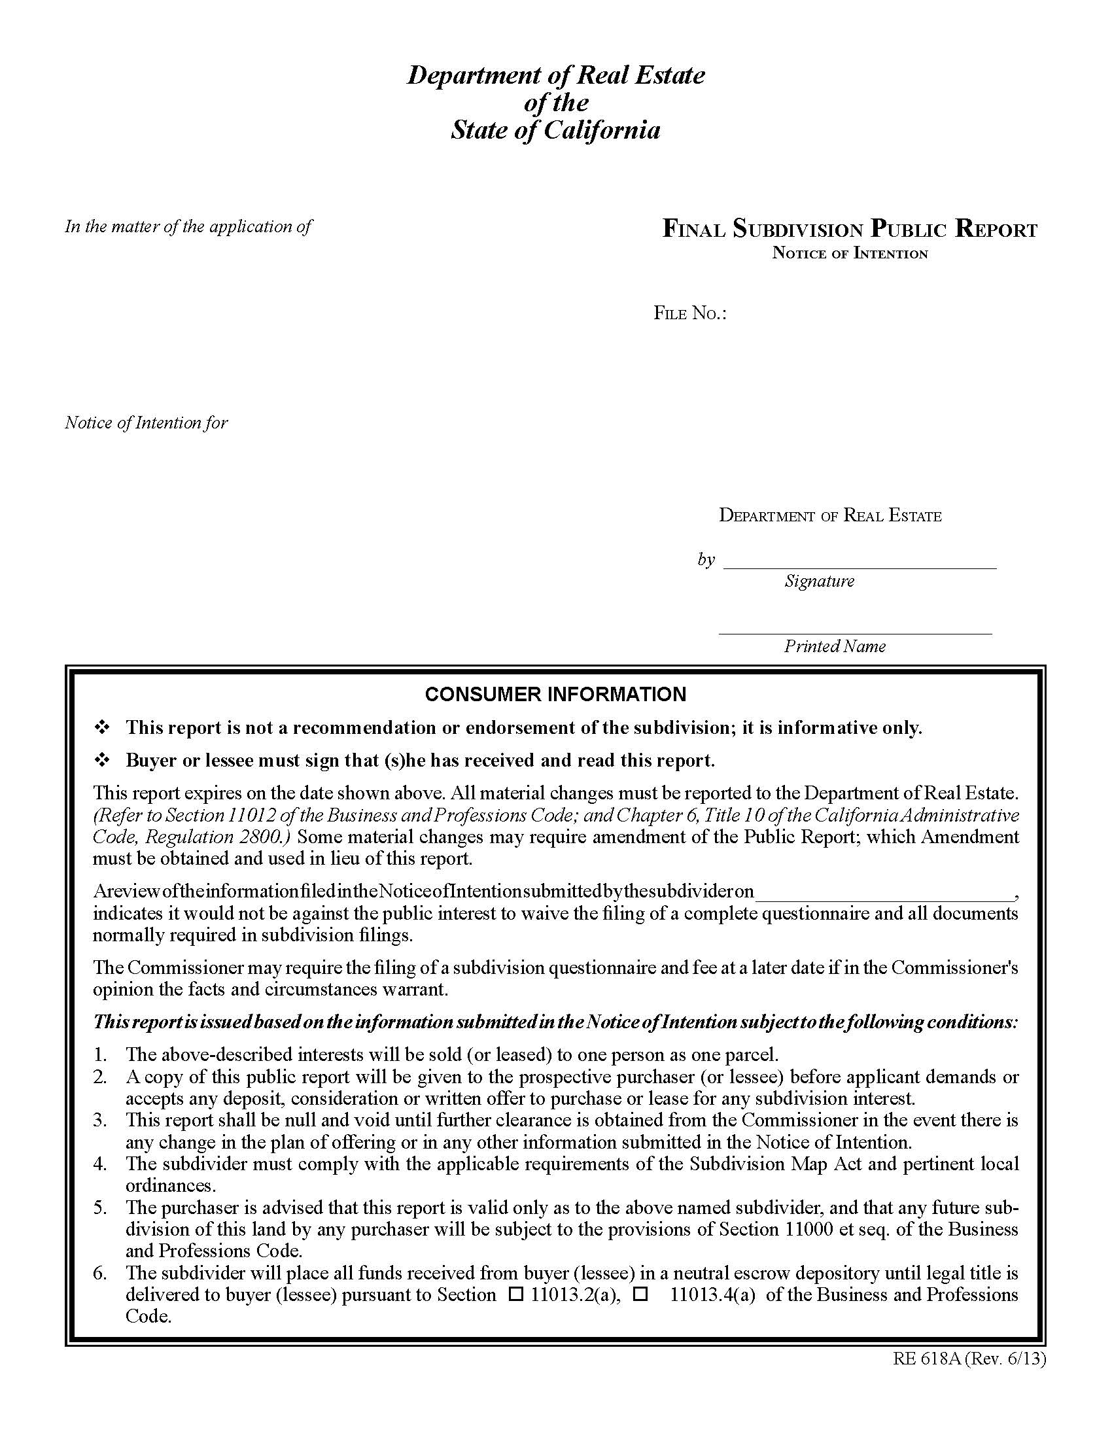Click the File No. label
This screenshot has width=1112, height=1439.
(x=689, y=313)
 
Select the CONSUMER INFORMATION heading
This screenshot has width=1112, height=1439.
(x=555, y=694)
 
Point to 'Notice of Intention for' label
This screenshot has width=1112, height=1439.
(x=147, y=423)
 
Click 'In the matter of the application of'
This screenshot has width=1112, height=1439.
(x=188, y=227)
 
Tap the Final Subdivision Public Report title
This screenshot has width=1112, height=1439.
(x=849, y=230)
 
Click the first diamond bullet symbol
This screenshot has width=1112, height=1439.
(x=102, y=728)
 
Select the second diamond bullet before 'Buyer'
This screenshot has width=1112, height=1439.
(x=102, y=761)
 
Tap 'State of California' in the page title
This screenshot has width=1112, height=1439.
(x=555, y=130)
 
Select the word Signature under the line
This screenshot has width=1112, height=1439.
(x=819, y=581)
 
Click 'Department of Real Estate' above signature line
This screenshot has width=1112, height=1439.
(x=829, y=515)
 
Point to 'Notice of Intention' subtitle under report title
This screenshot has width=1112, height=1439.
(x=849, y=254)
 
